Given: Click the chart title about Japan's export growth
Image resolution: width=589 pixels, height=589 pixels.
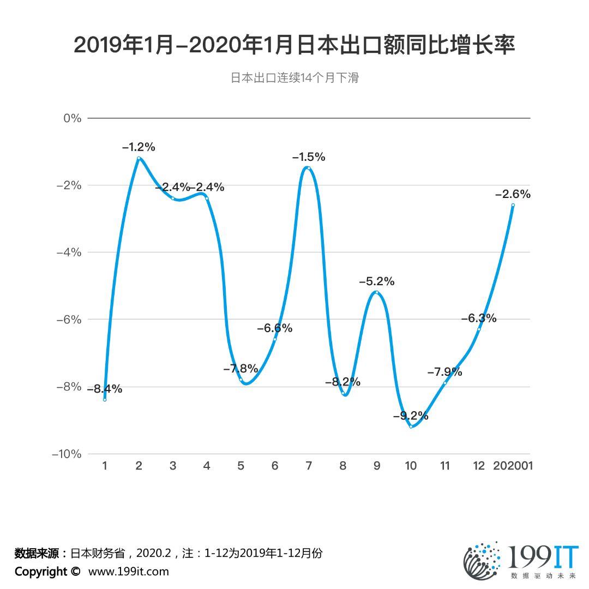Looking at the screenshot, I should (x=294, y=46).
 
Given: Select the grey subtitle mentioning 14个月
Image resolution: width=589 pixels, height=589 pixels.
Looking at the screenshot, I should (x=294, y=78).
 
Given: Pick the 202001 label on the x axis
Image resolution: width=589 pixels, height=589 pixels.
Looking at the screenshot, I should (x=513, y=466).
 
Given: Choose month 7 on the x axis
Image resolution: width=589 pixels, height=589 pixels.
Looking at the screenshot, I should (x=309, y=466).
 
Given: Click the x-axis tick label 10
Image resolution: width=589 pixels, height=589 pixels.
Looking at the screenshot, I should (x=411, y=466).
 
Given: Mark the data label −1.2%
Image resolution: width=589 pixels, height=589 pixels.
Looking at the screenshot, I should (x=139, y=147).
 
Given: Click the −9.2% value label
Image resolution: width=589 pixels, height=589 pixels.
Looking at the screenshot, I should (x=411, y=416).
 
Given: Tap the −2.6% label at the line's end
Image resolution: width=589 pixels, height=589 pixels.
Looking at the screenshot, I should (x=513, y=194).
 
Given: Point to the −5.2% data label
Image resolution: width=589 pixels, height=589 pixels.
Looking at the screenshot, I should (x=376, y=281).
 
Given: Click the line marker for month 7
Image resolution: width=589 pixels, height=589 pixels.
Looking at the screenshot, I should (x=309, y=168).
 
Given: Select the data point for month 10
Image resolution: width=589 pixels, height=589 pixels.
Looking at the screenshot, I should (x=411, y=426).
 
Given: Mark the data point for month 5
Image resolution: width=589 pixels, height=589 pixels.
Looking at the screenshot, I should (x=241, y=380).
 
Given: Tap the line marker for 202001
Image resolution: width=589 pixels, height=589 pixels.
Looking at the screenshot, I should (x=513, y=205).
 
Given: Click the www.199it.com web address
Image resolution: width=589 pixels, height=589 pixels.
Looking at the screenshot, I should (x=129, y=572).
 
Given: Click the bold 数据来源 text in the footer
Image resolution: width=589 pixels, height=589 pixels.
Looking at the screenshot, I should (x=39, y=553).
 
